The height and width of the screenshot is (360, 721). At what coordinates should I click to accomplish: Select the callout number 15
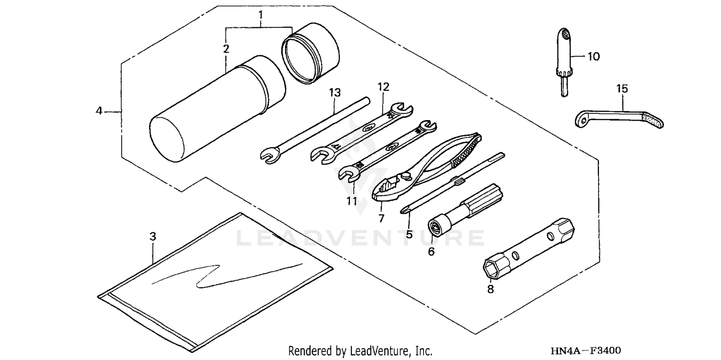pos(622,88)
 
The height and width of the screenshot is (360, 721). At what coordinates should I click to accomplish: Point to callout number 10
pos(594,57)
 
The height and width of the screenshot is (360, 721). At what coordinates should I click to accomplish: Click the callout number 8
pos(490,289)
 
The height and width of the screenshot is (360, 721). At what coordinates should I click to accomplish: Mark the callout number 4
pos(99,111)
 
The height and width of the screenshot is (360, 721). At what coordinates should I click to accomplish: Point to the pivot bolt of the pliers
pos(409,171)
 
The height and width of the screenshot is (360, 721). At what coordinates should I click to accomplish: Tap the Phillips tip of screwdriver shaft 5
pos(404,209)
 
